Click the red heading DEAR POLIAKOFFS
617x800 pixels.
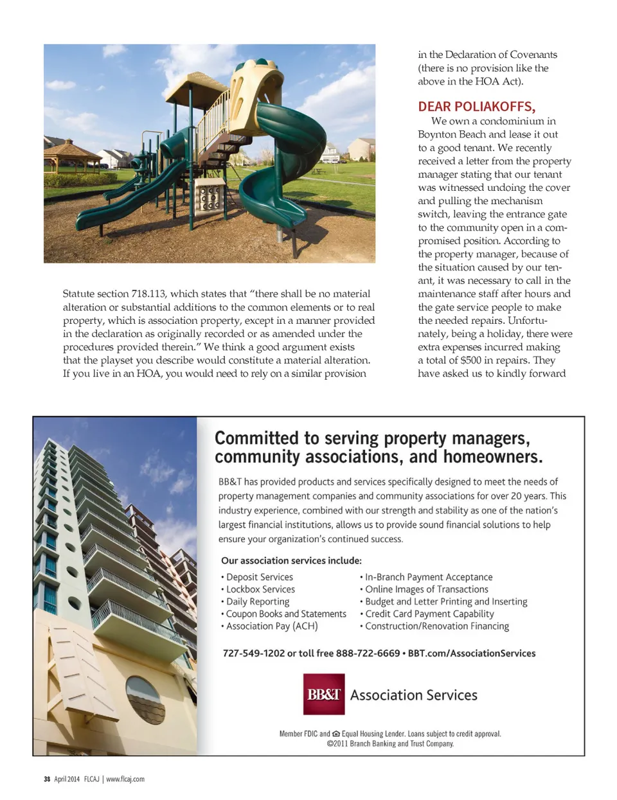point(476,107)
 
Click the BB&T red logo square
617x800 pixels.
point(324,694)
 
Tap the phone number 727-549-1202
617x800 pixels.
point(253,653)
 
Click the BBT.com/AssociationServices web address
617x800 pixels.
point(471,653)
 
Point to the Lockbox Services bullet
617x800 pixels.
point(260,589)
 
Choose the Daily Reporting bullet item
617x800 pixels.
point(257,601)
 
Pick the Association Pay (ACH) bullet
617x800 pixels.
point(272,626)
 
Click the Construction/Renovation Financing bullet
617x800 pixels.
point(436,626)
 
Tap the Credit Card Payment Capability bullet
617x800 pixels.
point(429,614)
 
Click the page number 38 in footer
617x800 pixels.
point(47,779)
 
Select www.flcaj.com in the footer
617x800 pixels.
point(125,779)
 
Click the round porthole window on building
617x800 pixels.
point(145,699)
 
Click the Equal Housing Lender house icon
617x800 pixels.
point(336,734)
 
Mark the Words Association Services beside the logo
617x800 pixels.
point(413,695)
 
